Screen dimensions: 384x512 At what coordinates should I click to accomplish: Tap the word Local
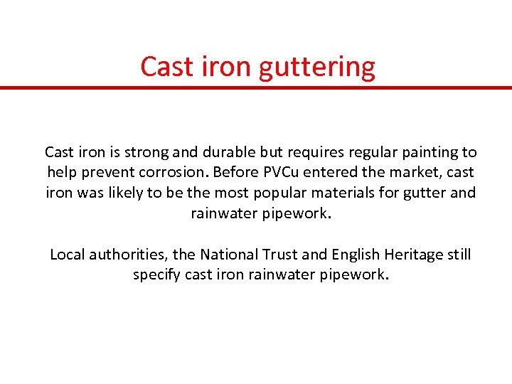coord(65,255)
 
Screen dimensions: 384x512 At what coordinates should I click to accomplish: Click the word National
coord(231,255)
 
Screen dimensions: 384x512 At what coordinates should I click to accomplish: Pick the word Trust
coord(282,255)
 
